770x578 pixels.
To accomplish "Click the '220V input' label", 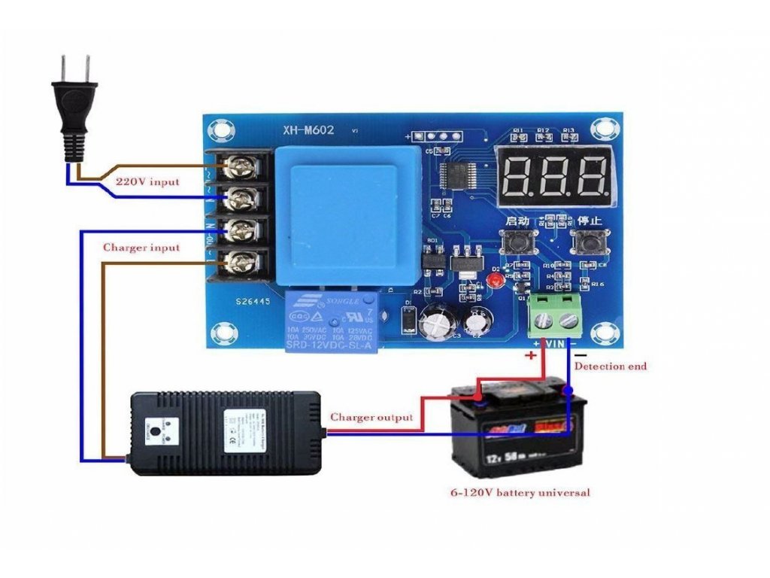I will click(147, 182).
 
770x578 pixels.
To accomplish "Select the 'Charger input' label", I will click(141, 248).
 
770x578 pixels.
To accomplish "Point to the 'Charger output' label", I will click(371, 417).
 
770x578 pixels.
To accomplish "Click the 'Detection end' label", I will click(610, 367).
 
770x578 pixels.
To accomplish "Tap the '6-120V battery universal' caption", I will click(520, 492).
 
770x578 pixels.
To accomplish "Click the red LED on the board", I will click(496, 280).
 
